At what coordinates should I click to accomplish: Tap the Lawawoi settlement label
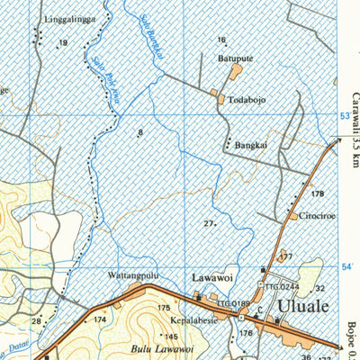[x=211, y=278]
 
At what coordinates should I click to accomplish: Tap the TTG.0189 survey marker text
[x=232, y=304]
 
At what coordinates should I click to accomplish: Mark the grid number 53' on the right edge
[x=346, y=117]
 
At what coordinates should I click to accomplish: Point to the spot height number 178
[x=316, y=193]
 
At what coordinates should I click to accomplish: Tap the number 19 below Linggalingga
[x=63, y=42]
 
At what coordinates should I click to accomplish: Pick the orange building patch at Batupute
[x=238, y=71]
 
